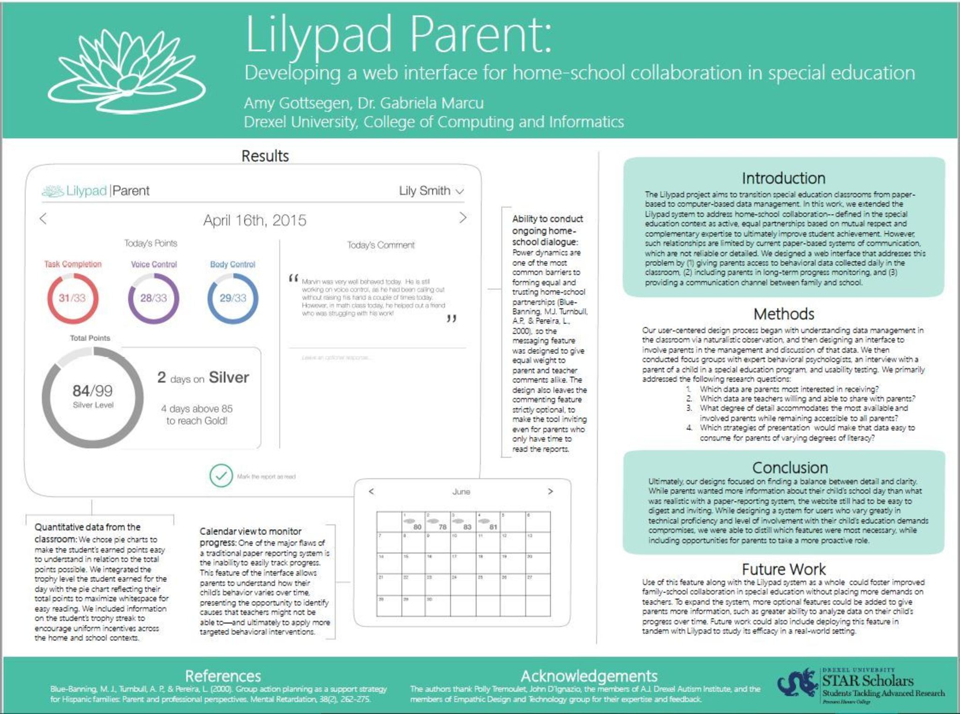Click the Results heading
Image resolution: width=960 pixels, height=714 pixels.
(x=265, y=156)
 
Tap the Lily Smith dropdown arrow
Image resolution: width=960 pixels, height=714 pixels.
(x=460, y=191)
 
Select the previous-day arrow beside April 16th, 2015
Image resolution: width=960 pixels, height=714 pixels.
(x=44, y=218)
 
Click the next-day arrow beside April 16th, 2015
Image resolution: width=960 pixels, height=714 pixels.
(x=463, y=218)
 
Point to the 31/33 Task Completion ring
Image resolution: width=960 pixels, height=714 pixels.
(x=73, y=298)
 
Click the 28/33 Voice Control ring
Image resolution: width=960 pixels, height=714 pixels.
(x=153, y=298)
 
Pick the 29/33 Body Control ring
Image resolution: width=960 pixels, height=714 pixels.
(x=232, y=298)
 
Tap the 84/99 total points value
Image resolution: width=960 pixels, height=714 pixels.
(x=92, y=391)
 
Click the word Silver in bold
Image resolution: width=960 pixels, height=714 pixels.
(x=229, y=377)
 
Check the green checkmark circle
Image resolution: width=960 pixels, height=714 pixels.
(x=221, y=476)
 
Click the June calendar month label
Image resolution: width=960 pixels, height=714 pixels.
(x=461, y=492)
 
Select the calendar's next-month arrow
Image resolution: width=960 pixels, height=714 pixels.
(x=550, y=491)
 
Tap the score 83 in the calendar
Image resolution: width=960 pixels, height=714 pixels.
(x=467, y=527)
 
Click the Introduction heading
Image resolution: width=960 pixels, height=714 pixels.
(x=783, y=178)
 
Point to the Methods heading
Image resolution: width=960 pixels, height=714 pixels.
(x=784, y=314)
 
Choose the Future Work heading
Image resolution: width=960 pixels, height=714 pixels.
(x=783, y=569)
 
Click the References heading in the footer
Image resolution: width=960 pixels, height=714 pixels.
(x=223, y=676)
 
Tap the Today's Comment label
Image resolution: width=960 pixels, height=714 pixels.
(x=381, y=245)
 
